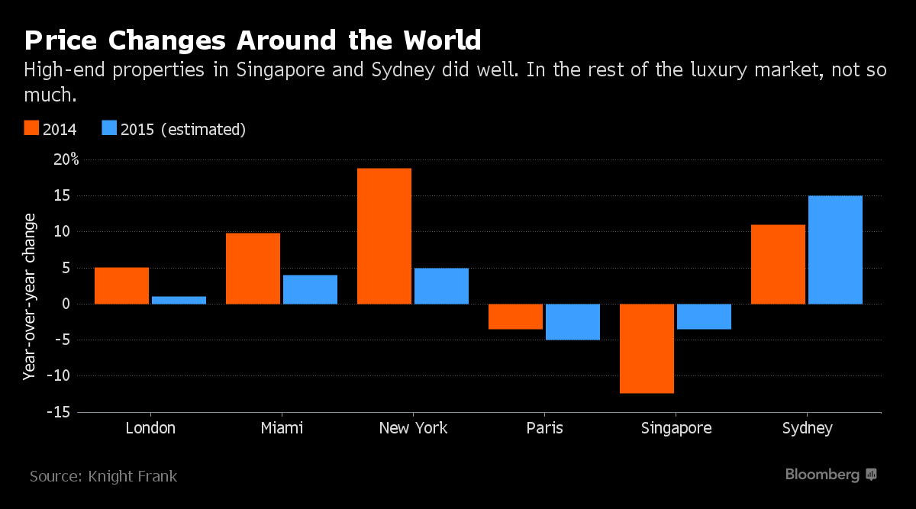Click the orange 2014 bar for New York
pyautogui.click(x=384, y=236)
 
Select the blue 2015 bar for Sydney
pyautogui.click(x=835, y=250)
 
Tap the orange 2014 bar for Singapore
pyautogui.click(x=647, y=349)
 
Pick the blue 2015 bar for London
pyautogui.click(x=179, y=300)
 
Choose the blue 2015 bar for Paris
pyautogui.click(x=572, y=322)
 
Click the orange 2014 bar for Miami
pyautogui.click(x=253, y=269)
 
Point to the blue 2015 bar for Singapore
pyautogui.click(x=704, y=317)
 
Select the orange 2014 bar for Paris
pyautogui.click(x=515, y=317)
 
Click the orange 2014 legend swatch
pyautogui.click(x=31, y=128)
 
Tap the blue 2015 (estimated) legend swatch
pyautogui.click(x=109, y=128)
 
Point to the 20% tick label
pyautogui.click(x=66, y=159)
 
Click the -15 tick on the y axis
pyautogui.click(x=59, y=412)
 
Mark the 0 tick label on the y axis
pyautogui.click(x=66, y=304)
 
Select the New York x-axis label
pyautogui.click(x=413, y=428)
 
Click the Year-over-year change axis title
pyautogui.click(x=30, y=297)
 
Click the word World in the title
pyautogui.click(x=442, y=40)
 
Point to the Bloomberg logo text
pyautogui.click(x=822, y=475)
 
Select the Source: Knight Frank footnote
pyautogui.click(x=103, y=476)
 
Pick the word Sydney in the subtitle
pyautogui.click(x=403, y=70)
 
